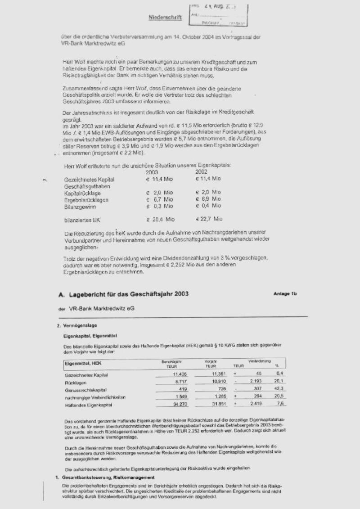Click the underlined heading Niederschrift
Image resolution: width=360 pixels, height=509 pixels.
[x=165, y=18]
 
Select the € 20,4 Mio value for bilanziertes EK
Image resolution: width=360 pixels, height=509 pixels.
[x=160, y=220]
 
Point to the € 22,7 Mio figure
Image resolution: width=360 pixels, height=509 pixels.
[x=209, y=220]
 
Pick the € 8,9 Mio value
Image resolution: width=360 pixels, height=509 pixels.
[x=208, y=199]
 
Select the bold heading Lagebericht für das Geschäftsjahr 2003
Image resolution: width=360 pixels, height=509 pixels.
[x=129, y=294]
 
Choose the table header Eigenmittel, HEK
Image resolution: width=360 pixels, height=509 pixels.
[x=82, y=363]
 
